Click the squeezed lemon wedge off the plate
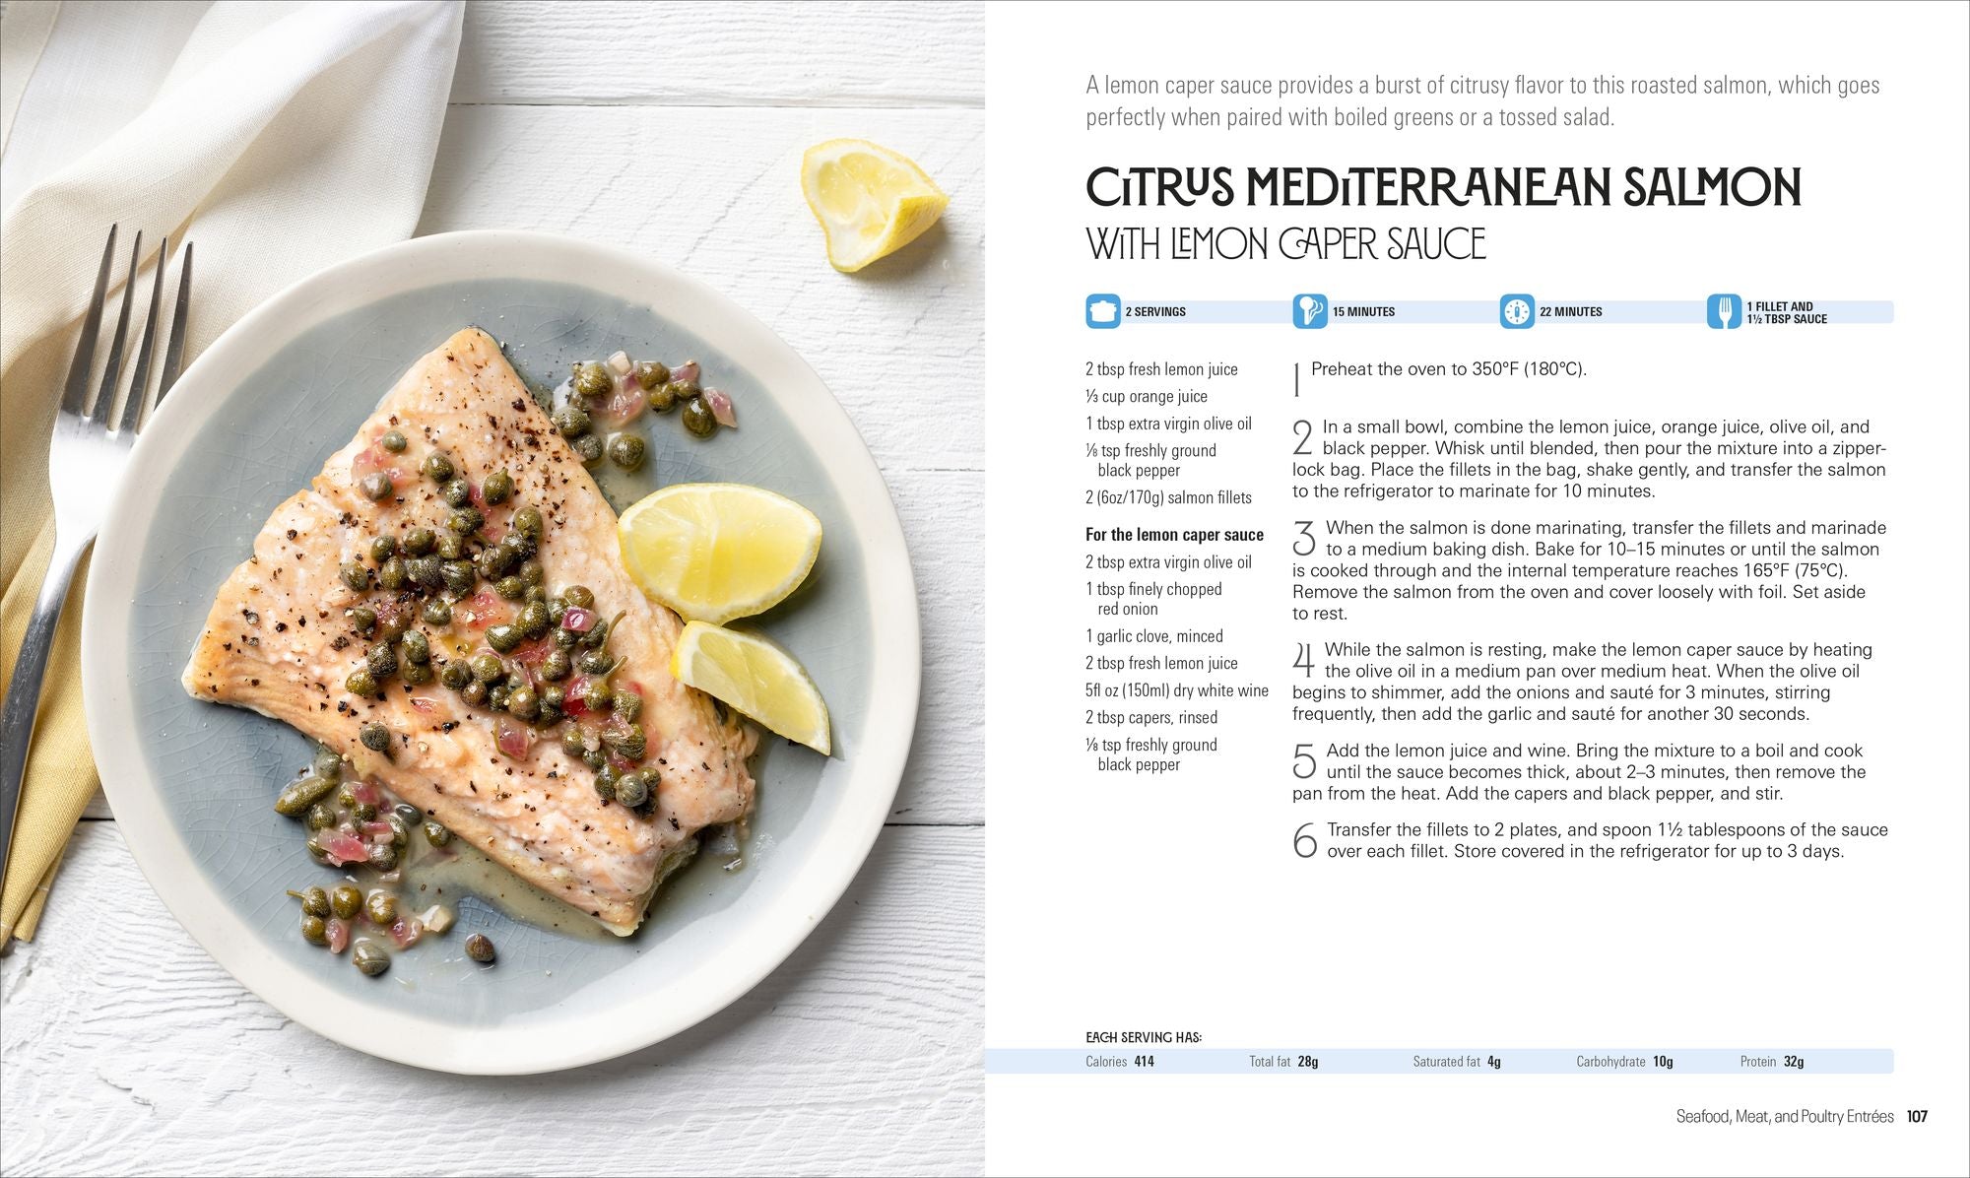[867, 203]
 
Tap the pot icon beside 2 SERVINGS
[1102, 311]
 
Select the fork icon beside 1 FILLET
[1723, 311]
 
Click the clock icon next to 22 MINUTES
[1517, 311]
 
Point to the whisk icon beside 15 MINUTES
[1309, 311]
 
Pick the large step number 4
[1304, 660]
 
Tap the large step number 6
[1305, 840]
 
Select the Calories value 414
[1144, 1061]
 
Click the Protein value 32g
[1794, 1061]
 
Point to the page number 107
[1917, 1116]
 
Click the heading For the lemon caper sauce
[1174, 535]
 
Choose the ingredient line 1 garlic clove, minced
[1153, 636]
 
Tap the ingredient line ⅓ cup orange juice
[1146, 396]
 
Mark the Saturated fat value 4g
[1493, 1061]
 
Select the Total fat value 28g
[1307, 1061]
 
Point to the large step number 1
[1297, 379]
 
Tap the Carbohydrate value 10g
[1663, 1061]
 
